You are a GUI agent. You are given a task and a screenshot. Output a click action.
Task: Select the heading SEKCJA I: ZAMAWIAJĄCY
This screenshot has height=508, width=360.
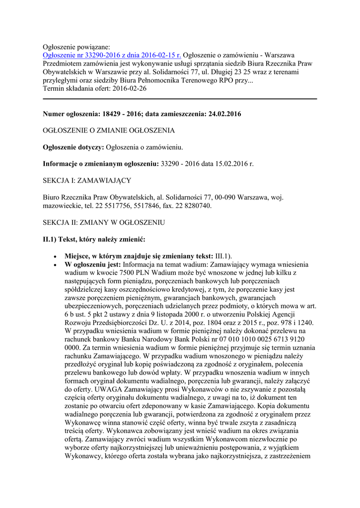point(87,180)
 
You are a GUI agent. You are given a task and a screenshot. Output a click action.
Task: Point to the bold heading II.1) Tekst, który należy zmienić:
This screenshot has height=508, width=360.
point(94,240)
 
